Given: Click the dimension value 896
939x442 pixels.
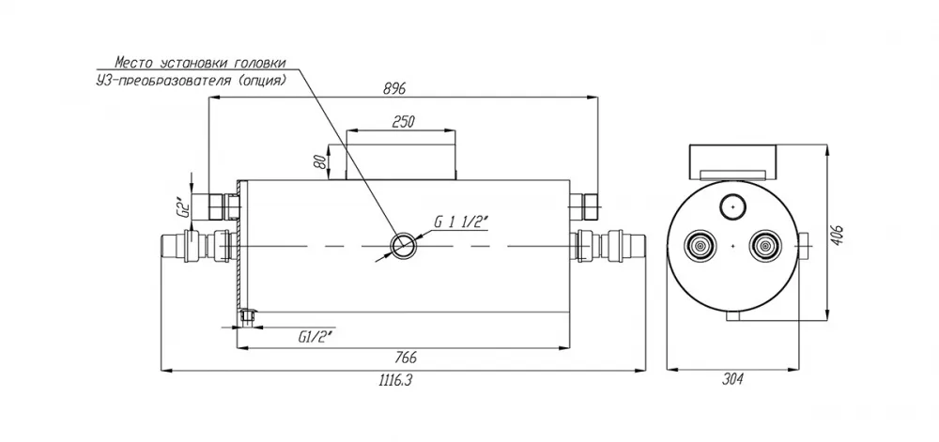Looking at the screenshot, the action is pos(394,88).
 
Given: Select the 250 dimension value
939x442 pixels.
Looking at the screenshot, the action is pos(403,122).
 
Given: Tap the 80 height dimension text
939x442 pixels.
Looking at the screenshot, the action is pos(321,161).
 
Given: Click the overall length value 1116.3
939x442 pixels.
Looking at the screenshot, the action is pos(396,380).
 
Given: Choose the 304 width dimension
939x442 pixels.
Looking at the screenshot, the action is pos(731,379).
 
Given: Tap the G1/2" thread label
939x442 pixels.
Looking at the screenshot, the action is pos(315,337).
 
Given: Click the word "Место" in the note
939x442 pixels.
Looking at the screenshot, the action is pos(133,63).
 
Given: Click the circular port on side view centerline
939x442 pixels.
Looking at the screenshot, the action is pos(404,246).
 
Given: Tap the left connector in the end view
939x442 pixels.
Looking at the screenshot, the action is pos(700,246).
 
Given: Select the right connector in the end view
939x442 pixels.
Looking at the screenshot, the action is pos(765,246).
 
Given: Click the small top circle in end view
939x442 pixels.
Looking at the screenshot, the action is pos(732,207).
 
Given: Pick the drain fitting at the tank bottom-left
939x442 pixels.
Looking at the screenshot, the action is pos(246,317).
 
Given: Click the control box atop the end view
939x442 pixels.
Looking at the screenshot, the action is pos(733,162).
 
